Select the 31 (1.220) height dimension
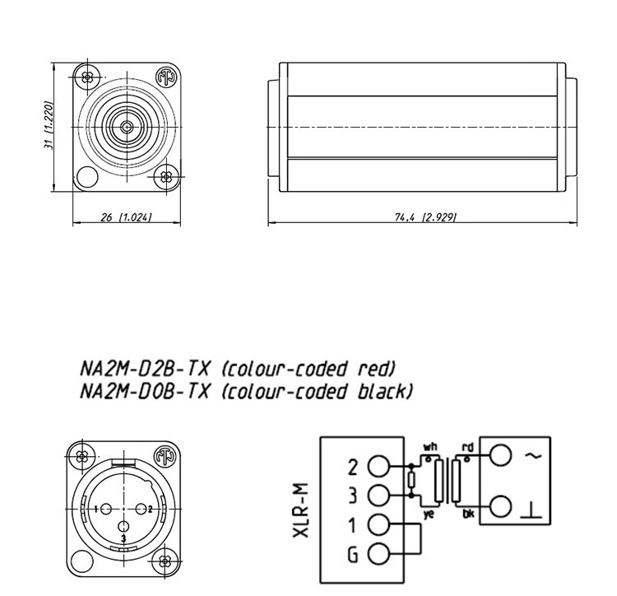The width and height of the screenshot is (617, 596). coord(49,126)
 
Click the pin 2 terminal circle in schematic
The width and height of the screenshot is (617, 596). coord(378,467)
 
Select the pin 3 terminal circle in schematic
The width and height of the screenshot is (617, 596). coord(378,495)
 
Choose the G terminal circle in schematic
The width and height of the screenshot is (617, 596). coord(378,553)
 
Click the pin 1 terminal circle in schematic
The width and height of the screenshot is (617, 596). coord(378,524)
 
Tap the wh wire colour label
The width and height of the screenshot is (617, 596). coord(429,448)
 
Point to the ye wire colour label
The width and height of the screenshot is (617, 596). coord(429,512)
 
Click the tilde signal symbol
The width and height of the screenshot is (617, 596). coord(537,454)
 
